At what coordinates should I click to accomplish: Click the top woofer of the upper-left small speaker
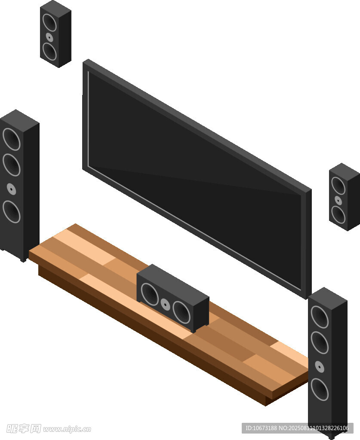coord(49,22)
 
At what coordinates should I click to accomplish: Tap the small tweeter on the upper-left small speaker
coord(49,37)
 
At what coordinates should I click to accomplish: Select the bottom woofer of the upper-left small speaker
coord(49,52)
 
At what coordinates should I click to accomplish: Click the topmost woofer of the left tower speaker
coord(12,139)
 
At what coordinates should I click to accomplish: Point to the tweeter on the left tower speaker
coord(11,189)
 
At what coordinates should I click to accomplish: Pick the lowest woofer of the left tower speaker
coord(12,211)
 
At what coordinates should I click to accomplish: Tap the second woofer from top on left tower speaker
coord(12,165)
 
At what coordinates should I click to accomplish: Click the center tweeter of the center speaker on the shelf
coord(166,304)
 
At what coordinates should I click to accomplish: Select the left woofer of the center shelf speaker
coord(150,294)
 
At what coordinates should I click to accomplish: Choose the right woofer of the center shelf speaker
coord(182,312)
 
